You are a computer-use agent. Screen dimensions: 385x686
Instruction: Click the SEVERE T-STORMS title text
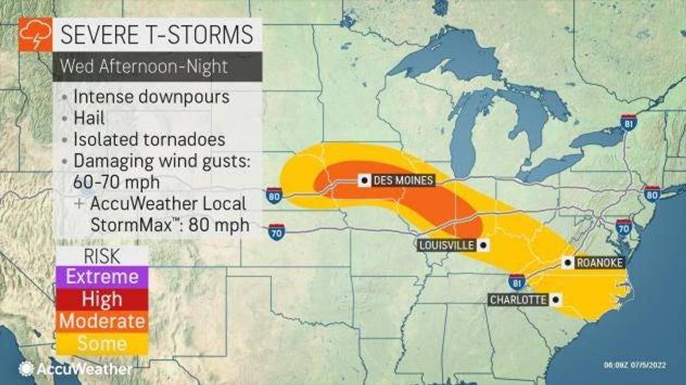[156, 35]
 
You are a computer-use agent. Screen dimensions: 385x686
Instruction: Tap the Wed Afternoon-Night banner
[143, 67]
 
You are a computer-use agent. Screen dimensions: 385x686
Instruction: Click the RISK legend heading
[102, 255]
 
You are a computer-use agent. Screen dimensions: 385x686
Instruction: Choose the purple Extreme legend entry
[102, 276]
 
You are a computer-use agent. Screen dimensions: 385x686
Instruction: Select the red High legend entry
[102, 299]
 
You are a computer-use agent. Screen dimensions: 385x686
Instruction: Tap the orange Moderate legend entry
[102, 321]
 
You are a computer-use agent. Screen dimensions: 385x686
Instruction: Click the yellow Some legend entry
[102, 343]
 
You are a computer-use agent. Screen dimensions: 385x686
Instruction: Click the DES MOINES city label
[403, 181]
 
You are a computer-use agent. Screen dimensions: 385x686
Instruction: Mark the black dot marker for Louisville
[483, 245]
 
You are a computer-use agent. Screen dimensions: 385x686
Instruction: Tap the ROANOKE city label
[599, 263]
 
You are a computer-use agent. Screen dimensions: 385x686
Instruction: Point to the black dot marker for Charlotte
[555, 300]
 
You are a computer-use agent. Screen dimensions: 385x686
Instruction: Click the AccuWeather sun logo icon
[26, 368]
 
